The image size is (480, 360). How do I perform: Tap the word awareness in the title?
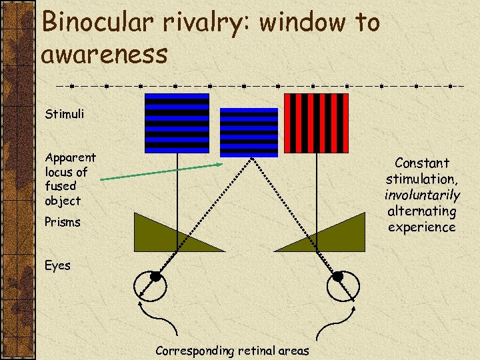105,54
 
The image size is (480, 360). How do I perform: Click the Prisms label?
63,222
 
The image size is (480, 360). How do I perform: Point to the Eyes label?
57,265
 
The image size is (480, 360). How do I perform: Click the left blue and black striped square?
177,123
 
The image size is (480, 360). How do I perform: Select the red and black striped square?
316,123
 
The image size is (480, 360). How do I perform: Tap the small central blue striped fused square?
249,132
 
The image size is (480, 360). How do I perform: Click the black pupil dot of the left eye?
155,276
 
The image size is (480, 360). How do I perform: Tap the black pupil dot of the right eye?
337,276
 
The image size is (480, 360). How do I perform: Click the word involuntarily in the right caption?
422,195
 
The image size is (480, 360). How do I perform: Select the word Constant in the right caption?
422,163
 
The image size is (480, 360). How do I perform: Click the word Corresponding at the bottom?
193,350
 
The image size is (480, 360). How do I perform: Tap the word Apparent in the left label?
70,157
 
